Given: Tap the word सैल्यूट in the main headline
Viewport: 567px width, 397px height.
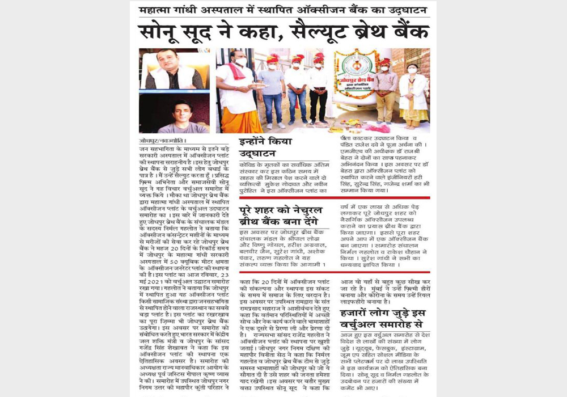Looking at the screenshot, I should pos(316,32).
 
